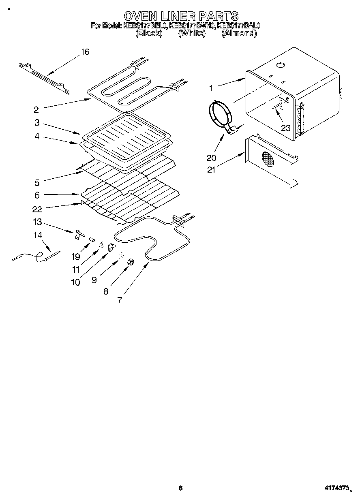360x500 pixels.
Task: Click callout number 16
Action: tap(85, 52)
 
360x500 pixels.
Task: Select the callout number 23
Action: tap(286, 128)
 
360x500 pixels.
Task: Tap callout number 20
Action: tap(211, 158)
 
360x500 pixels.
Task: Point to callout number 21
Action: tap(211, 169)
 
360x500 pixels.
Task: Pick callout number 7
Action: tap(120, 300)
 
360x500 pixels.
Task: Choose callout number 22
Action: tap(37, 209)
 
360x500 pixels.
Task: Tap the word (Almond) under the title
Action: tap(239, 34)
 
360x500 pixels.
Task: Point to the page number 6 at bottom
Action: tap(180, 488)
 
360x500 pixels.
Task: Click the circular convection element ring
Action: tap(219, 115)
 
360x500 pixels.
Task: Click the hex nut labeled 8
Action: tap(131, 263)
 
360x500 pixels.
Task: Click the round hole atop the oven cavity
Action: tap(280, 65)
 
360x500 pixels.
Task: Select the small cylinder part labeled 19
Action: tap(92, 240)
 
